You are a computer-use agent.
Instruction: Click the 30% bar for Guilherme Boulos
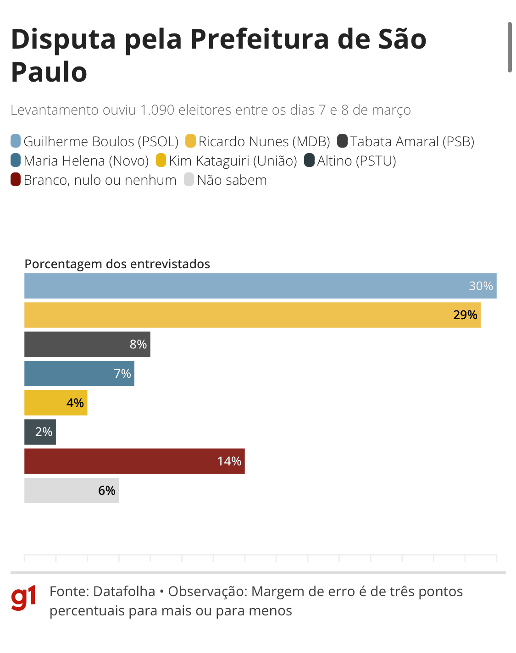260,286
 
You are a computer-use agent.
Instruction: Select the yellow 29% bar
252,315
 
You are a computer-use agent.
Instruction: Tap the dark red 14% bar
134,461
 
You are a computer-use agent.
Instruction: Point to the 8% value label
138,344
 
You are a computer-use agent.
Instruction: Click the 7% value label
122,374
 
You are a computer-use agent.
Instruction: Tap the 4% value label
75,403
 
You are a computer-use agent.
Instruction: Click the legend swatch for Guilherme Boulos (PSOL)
16,141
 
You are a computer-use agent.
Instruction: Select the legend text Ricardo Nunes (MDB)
264,142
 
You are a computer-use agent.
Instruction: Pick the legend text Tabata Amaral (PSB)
412,142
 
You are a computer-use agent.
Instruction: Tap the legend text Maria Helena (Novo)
86,161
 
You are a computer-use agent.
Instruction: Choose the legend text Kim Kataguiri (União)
233,161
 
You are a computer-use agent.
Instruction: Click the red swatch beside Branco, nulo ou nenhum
16,180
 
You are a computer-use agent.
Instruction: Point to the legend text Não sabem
232,180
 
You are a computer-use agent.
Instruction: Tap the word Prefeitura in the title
260,39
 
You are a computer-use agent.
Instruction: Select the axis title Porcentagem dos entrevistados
117,264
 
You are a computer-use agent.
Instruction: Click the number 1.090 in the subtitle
157,110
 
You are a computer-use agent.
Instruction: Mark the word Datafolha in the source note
124,592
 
